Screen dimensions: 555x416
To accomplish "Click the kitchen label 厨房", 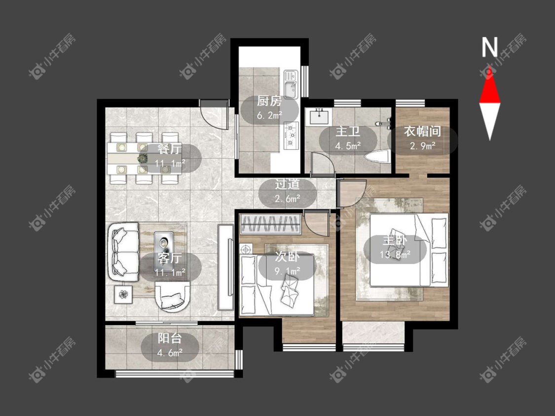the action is coord(269,101).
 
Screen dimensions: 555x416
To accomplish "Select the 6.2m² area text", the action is coord(269,115).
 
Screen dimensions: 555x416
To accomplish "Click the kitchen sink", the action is coord(291,84).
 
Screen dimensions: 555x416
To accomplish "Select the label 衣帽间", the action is coord(422,131).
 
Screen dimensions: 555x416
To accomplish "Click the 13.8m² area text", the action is coord(395,254).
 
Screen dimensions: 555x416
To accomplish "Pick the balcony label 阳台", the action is coord(170,338).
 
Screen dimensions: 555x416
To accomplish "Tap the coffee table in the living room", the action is coord(164,243).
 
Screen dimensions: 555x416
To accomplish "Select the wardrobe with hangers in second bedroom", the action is coord(270,224).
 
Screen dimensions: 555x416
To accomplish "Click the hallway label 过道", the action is coord(288,184).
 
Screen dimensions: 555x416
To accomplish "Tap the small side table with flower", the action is coord(123,294).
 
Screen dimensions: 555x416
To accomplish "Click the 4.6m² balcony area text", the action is coord(170,353).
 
